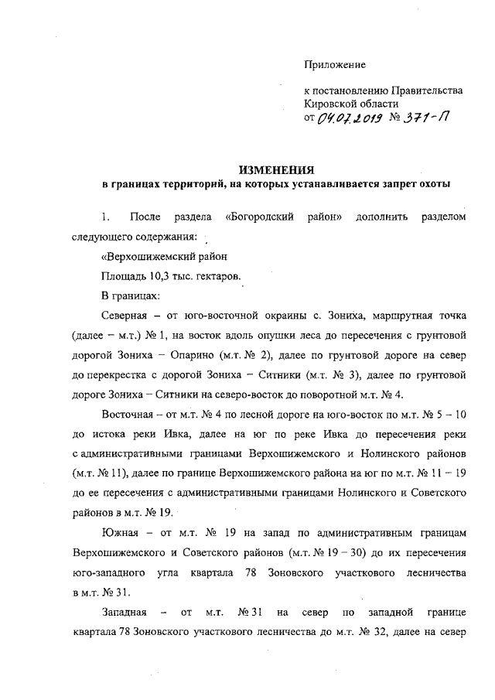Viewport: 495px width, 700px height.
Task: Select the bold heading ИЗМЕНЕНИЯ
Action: point(276,170)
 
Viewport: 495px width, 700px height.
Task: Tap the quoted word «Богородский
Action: point(258,218)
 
